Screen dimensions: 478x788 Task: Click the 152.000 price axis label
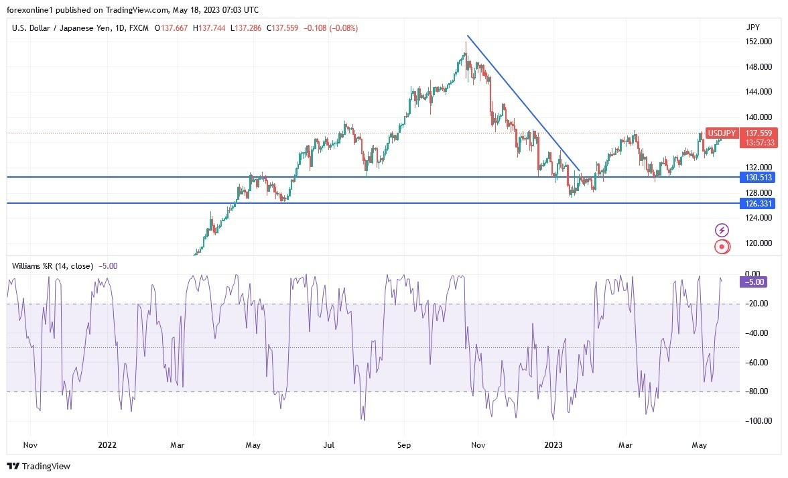pyautogui.click(x=758, y=42)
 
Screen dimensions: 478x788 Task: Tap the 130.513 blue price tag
pyautogui.click(x=758, y=178)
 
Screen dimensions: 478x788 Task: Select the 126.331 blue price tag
pyautogui.click(x=758, y=204)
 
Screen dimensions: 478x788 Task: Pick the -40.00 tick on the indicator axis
pyautogui.click(x=757, y=333)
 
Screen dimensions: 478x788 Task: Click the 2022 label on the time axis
pyautogui.click(x=107, y=444)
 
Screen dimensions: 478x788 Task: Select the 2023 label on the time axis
pyautogui.click(x=553, y=444)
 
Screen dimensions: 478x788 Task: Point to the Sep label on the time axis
pyautogui.click(x=403, y=444)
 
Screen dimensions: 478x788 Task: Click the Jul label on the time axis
pyautogui.click(x=329, y=444)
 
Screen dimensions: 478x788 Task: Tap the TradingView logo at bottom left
pyautogui.click(x=39, y=466)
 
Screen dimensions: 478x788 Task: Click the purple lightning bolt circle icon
pyautogui.click(x=722, y=230)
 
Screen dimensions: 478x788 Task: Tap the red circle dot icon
pyautogui.click(x=722, y=247)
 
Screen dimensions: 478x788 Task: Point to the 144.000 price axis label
pyautogui.click(x=758, y=92)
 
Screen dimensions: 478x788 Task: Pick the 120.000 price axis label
pyautogui.click(x=758, y=243)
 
